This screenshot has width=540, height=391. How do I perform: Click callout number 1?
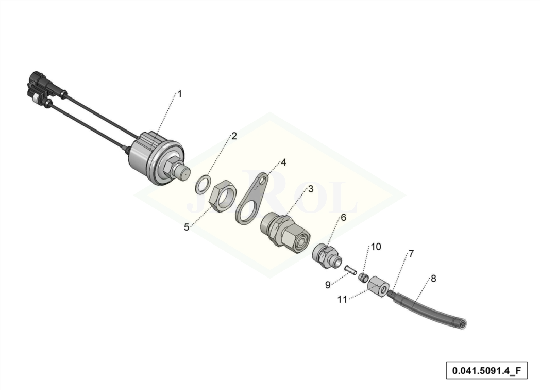click(x=179, y=94)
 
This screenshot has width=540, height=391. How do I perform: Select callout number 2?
click(x=234, y=136)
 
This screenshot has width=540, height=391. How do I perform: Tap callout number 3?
click(x=311, y=189)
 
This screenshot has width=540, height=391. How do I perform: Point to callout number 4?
click(x=283, y=162)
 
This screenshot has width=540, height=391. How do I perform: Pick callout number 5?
click(x=187, y=227)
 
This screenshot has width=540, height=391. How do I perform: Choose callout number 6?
click(x=343, y=218)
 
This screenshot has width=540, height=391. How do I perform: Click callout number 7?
click(x=411, y=254)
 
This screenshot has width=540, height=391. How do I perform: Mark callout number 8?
click(x=433, y=278)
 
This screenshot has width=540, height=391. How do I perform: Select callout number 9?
click(x=328, y=285)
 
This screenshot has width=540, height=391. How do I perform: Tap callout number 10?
click(x=376, y=247)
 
